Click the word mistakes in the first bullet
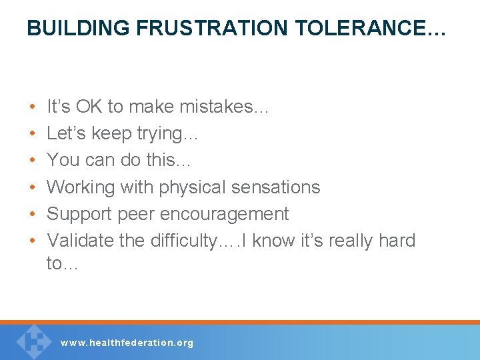tap(221, 107)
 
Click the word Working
tap(81, 187)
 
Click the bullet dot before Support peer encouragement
tap(33, 215)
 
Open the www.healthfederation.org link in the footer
tap(127, 343)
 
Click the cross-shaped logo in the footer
tap(33, 341)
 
